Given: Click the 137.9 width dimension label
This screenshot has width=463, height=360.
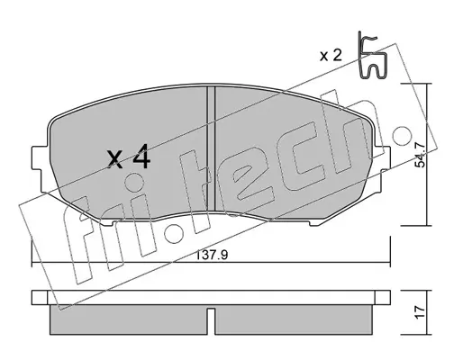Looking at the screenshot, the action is pos(213,255).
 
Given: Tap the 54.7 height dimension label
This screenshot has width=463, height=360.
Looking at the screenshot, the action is pos(421,155).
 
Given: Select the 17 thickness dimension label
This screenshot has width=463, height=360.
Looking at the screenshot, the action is pos(421,312).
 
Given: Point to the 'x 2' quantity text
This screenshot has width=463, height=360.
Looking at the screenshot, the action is pos(331,56).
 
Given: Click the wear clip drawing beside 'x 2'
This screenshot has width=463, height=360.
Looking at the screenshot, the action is pos(372,56).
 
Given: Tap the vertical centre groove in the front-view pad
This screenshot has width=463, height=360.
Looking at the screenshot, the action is pos(212,148).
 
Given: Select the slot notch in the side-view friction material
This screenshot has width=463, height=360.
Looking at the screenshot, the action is pos(211,321).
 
